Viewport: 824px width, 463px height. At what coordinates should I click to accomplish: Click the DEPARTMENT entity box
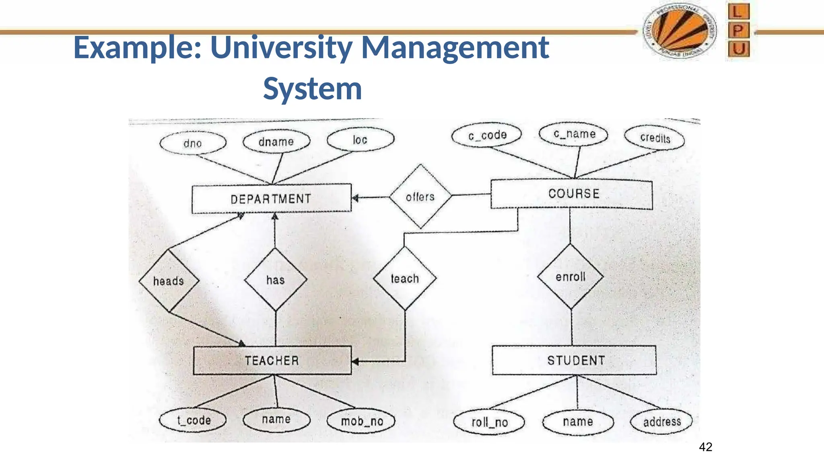click(271, 199)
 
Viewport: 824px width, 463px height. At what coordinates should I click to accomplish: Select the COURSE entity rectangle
click(572, 194)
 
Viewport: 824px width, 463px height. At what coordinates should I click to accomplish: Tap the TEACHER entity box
click(272, 361)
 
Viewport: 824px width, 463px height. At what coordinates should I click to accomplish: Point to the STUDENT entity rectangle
click(575, 361)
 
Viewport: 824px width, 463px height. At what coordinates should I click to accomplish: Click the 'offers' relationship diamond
click(420, 197)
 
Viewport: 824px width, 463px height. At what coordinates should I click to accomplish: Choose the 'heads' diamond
click(169, 281)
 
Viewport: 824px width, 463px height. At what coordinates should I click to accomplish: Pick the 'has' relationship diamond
click(276, 280)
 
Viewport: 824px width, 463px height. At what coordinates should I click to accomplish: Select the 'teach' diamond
click(405, 279)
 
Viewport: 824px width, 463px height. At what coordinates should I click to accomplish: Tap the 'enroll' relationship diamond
click(571, 277)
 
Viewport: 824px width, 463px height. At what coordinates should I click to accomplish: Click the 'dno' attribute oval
click(193, 143)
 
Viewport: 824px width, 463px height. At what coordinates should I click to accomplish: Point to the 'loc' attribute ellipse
click(360, 139)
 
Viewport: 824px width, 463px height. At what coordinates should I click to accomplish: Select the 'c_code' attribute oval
click(487, 135)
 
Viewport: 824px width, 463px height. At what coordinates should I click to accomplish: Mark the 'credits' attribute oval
click(655, 138)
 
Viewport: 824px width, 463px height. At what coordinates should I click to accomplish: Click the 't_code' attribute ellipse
click(193, 420)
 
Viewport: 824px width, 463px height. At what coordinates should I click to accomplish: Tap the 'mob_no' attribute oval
click(361, 421)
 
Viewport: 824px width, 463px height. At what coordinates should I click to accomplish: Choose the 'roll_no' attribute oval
click(489, 422)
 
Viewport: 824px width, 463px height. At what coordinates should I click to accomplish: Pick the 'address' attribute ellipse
click(661, 422)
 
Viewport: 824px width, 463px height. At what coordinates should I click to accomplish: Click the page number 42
click(706, 447)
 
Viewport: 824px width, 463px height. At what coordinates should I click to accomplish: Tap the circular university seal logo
click(680, 31)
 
